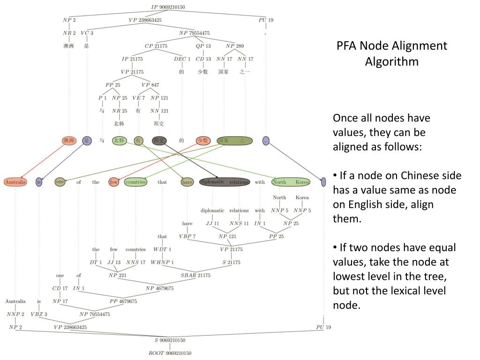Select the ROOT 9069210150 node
pos(170,352)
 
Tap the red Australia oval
pos(15,182)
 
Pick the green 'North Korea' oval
pos(291,182)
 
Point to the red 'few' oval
pos(113,182)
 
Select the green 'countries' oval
pos(135,182)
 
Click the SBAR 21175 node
pos(195,275)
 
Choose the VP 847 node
pos(150,85)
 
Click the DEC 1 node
pos(182,59)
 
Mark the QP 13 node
pos(203,46)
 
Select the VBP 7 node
pos(187,236)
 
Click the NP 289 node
pos(235,46)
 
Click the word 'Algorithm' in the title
pos(391,61)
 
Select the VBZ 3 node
pos(39,314)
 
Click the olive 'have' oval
pos(187,182)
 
